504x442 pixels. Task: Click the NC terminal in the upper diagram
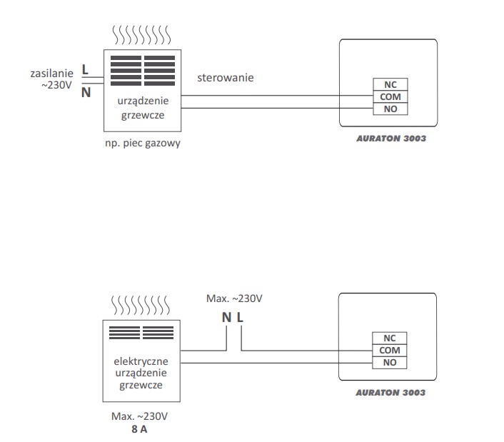[x=390, y=84]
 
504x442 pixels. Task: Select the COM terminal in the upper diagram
[x=390, y=96]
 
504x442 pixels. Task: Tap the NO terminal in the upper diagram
[x=390, y=109]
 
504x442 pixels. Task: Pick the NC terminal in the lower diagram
[x=390, y=338]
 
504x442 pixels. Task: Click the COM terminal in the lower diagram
[x=390, y=351]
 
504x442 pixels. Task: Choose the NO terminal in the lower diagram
[x=390, y=363]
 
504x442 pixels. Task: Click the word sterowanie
[x=226, y=77]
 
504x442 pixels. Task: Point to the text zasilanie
[x=51, y=74]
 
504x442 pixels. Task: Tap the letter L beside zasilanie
[x=85, y=69]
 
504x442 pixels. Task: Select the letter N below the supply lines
[x=86, y=93]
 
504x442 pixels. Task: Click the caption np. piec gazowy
[x=143, y=143]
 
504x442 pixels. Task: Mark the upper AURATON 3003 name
[x=391, y=139]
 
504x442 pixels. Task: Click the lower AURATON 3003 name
[x=390, y=393]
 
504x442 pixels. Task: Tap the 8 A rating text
[x=139, y=429]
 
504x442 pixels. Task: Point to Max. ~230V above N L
[x=234, y=298]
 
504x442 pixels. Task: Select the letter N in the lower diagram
[x=226, y=318]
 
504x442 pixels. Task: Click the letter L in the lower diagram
[x=240, y=318]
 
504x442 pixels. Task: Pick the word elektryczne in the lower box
[x=141, y=361]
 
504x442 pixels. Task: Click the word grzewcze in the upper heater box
[x=143, y=115]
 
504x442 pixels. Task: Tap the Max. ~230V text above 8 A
[x=139, y=416]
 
